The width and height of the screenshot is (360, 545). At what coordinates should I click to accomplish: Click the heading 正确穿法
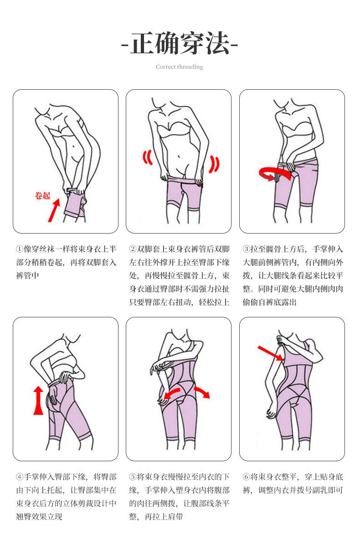click(x=180, y=44)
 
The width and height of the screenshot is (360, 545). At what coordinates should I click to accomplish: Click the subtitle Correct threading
click(x=180, y=67)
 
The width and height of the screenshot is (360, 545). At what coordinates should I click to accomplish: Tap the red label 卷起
click(x=42, y=196)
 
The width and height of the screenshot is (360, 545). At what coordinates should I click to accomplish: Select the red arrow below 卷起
click(x=54, y=210)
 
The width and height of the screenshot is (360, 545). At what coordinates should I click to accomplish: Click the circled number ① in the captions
click(x=20, y=249)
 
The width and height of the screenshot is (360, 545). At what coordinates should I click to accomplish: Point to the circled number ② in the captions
click(x=133, y=249)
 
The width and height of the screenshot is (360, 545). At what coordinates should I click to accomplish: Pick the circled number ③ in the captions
click(x=246, y=249)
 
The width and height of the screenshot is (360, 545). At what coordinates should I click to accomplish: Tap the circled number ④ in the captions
click(x=20, y=477)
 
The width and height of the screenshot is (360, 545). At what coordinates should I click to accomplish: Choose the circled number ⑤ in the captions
click(x=133, y=477)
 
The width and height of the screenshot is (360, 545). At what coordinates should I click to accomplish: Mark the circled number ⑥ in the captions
click(x=246, y=477)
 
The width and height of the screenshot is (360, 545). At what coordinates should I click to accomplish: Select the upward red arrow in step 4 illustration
click(x=38, y=400)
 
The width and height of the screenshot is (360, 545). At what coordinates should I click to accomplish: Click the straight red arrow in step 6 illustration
click(x=270, y=353)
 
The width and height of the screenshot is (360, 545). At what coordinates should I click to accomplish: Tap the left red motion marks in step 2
click(x=148, y=158)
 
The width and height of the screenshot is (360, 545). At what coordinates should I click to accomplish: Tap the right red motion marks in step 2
click(x=214, y=164)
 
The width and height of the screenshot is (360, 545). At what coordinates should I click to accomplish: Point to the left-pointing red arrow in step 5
click(x=171, y=394)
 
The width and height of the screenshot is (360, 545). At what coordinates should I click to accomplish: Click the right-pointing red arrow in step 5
click(x=202, y=392)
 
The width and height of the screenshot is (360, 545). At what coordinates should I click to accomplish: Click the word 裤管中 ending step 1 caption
click(x=27, y=275)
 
